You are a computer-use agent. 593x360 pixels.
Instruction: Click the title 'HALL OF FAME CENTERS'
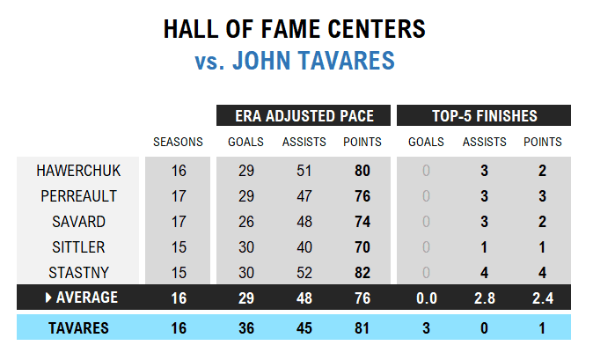pos(295,30)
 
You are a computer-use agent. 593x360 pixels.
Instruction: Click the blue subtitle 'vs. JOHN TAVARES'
pos(295,62)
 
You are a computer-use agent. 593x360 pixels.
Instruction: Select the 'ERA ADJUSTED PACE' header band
pos(304,116)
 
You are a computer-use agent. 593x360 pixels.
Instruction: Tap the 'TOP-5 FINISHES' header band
pos(484,116)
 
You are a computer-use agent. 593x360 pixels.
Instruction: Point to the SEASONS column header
pos(178,142)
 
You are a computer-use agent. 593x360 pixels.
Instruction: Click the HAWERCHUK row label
pos(78,170)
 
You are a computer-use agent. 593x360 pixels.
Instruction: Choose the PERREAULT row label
pos(78,195)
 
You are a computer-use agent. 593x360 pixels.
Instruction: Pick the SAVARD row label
pos(78,221)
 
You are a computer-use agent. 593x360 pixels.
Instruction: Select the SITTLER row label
pos(78,246)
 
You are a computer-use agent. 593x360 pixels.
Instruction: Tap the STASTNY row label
pos(78,272)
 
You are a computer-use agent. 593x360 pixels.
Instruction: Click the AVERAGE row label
pos(86,298)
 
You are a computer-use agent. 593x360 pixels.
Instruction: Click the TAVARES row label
pos(78,328)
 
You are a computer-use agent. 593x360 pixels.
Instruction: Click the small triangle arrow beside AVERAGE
pos(48,298)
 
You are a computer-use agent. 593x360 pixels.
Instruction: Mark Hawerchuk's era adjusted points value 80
pos(362,170)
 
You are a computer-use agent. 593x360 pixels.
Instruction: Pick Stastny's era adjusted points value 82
pos(362,272)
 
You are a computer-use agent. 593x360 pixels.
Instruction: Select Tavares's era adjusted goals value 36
pos(246,328)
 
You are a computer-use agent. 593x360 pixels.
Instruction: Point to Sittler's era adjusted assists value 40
pos(304,246)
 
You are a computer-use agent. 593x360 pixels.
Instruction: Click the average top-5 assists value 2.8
pos(484,298)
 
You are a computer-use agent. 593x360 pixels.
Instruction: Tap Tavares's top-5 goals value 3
pos(426,328)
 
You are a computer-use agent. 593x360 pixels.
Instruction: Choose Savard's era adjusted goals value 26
pos(246,221)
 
